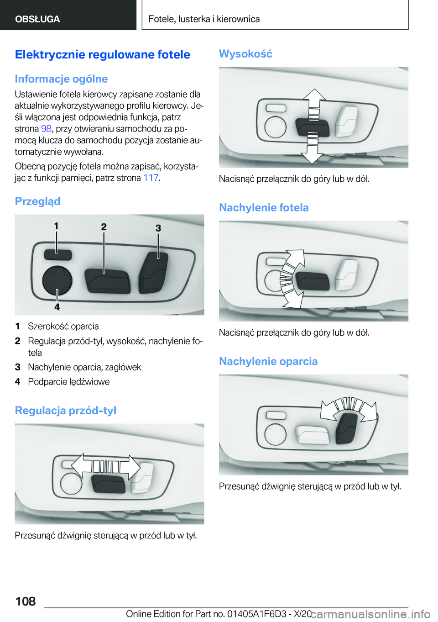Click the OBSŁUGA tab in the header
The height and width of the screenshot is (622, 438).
click(37, 19)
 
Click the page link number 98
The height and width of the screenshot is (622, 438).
click(46, 129)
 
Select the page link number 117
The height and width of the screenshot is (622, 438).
click(151, 178)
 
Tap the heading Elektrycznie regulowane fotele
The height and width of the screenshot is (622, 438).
click(102, 55)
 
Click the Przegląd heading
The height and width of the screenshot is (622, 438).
click(37, 201)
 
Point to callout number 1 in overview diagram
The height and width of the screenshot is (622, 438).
click(56, 226)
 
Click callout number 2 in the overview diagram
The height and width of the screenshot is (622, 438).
click(104, 227)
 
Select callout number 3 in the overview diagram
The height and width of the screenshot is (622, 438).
click(158, 228)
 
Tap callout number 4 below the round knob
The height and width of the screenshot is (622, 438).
click(57, 307)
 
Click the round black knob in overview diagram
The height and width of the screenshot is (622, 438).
click(57, 280)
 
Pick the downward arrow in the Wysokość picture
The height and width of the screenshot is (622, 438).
click(313, 154)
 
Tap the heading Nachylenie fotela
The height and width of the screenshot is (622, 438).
click(264, 208)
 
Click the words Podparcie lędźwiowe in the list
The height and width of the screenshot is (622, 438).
click(68, 382)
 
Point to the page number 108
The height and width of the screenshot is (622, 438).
click(26, 601)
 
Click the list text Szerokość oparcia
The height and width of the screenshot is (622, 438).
click(63, 327)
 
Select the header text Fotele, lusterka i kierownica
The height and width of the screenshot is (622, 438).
click(204, 19)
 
